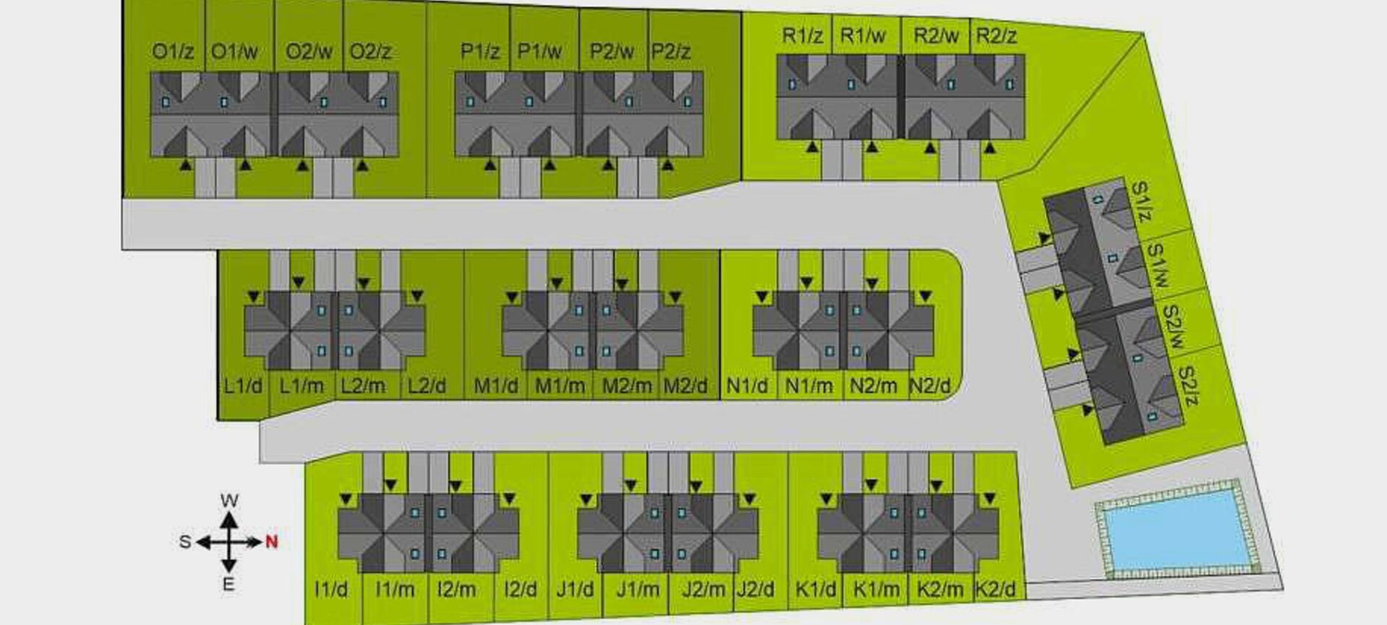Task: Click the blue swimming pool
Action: [x=1178, y=529]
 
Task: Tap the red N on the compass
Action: [x=272, y=541]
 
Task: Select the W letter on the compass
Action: [x=229, y=500]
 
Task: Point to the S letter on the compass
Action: [x=185, y=542]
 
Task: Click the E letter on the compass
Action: [x=228, y=584]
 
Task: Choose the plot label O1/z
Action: [x=173, y=52]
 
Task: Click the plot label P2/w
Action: [x=611, y=52]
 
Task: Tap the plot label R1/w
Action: [x=863, y=35]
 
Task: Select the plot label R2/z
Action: [x=996, y=35]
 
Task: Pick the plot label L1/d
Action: [x=243, y=386]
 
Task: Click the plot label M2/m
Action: [x=626, y=386]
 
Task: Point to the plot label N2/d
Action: [x=930, y=386]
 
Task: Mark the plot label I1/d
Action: [x=331, y=590]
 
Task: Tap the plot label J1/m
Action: [x=637, y=590]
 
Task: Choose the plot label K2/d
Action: [x=995, y=590]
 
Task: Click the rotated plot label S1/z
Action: [x=1140, y=202]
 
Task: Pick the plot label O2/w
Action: [x=308, y=52]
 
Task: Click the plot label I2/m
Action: [x=456, y=590]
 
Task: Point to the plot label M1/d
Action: [x=496, y=386]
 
